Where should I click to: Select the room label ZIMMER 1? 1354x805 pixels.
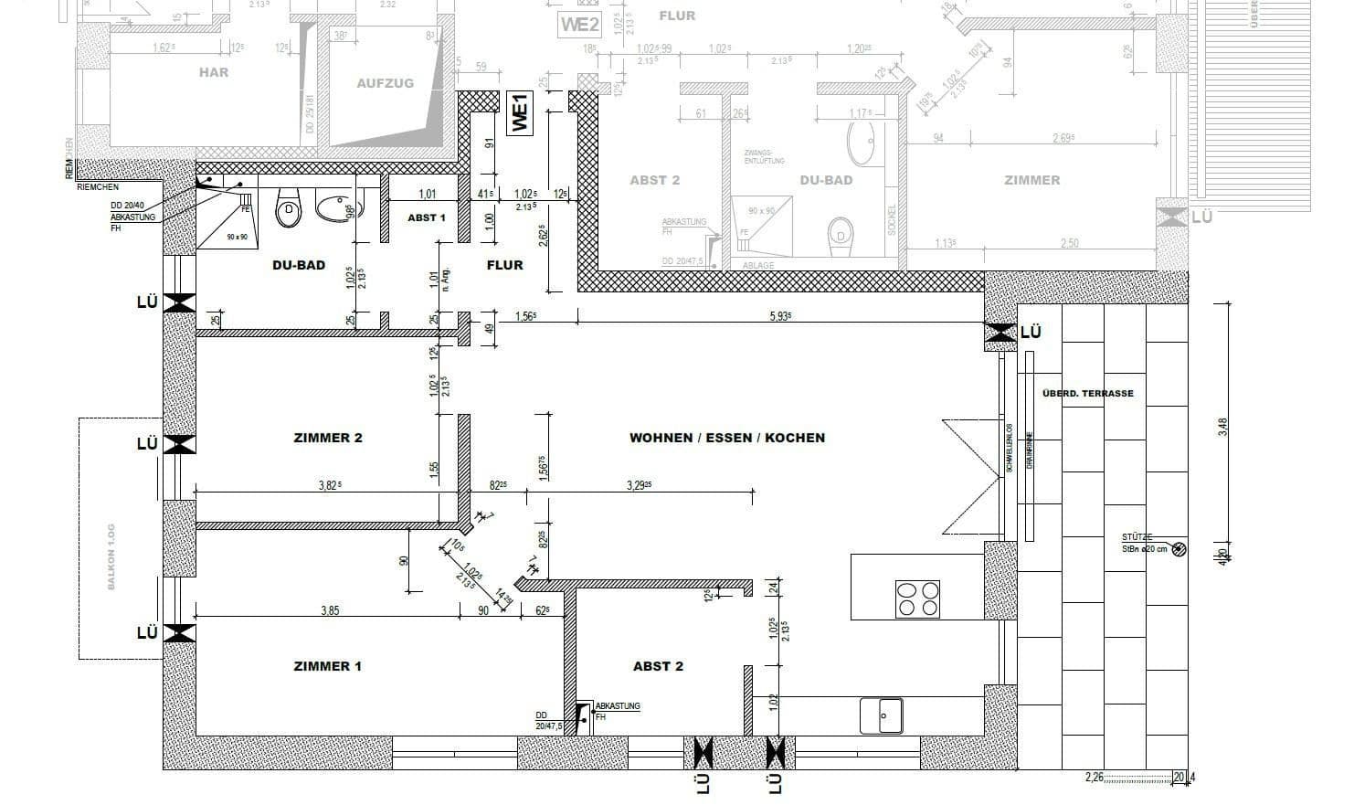tap(327, 666)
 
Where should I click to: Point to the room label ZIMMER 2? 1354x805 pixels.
tap(328, 438)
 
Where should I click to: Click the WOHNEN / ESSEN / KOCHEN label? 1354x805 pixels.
tap(727, 438)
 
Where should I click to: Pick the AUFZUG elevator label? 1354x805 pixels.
tap(385, 83)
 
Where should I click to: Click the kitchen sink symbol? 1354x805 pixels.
tap(882, 715)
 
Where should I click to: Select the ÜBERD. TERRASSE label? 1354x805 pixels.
tap(1087, 394)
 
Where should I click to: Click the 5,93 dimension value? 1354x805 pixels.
tap(780, 316)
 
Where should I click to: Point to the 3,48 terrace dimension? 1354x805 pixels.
tap(1223, 427)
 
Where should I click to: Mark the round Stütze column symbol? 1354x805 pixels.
tap(1179, 549)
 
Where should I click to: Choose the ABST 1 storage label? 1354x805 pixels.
tap(426, 217)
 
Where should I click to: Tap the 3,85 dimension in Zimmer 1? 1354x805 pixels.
tap(330, 610)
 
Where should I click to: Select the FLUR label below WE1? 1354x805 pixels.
tap(504, 265)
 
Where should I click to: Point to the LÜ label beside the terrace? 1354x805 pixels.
tap(1031, 333)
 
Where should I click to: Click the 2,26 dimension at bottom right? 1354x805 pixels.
tap(1095, 778)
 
